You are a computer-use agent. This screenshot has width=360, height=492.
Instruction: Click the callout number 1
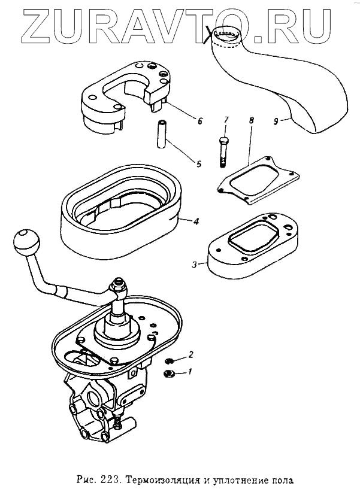click(190, 372)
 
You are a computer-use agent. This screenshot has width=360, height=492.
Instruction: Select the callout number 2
click(190, 354)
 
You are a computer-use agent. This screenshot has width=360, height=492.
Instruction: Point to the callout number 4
click(196, 221)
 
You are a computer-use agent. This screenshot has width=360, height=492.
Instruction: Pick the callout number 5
click(198, 162)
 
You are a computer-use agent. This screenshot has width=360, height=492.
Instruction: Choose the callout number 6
click(199, 120)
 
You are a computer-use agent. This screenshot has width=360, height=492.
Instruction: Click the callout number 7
click(226, 120)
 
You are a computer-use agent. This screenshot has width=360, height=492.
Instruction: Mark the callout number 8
click(251, 120)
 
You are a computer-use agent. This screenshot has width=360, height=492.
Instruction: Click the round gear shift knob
click(26, 241)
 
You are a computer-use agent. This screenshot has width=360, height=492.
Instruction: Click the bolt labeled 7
click(223, 151)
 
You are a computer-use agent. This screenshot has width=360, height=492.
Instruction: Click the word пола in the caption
click(284, 479)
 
